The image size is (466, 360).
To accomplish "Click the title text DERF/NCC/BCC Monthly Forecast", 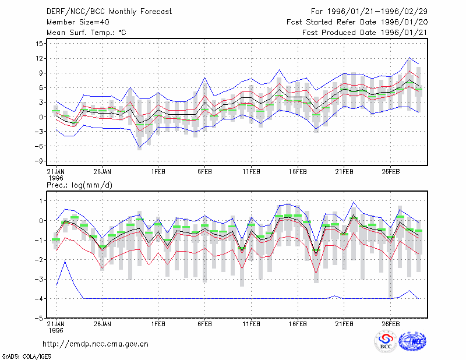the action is [x=109, y=12].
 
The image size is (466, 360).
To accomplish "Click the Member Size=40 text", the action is [x=78, y=22].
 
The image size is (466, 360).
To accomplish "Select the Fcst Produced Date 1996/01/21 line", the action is [x=365, y=33].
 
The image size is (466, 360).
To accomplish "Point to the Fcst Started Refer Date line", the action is [x=357, y=22].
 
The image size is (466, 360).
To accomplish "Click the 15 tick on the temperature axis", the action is [x=39, y=44].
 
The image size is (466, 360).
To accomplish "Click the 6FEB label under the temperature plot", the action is [x=204, y=172].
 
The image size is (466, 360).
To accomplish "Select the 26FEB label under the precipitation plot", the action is [x=390, y=324].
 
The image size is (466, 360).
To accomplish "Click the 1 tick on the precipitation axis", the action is [x=41, y=201].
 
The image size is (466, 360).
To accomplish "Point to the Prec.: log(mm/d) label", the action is [x=79, y=185].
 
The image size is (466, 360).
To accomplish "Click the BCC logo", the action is [x=386, y=342].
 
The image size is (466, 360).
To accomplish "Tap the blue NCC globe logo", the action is [x=412, y=341].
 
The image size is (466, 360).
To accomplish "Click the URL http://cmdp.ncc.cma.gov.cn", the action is [x=96, y=344].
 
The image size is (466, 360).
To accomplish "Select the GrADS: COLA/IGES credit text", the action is [x=26, y=357].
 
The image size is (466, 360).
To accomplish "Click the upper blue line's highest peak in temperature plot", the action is [x=409, y=57].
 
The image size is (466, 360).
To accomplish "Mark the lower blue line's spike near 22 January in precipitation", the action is [x=65, y=261].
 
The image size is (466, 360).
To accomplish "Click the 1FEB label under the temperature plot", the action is [x=158, y=172].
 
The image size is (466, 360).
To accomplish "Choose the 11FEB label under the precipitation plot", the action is [x=251, y=324].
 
